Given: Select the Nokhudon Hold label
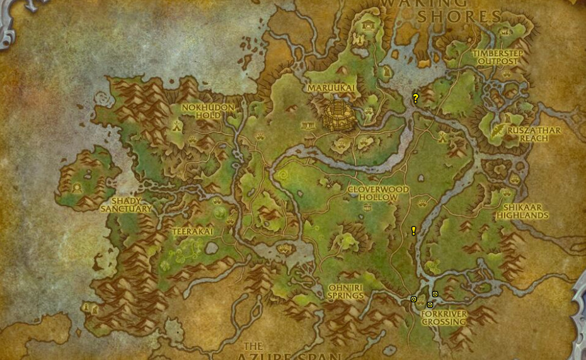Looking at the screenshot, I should pyautogui.click(x=208, y=111).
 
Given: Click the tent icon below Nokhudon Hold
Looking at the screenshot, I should pyautogui.click(x=177, y=125).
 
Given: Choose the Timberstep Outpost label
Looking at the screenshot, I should pyautogui.click(x=498, y=57).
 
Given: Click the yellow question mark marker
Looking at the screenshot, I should pyautogui.click(x=415, y=98).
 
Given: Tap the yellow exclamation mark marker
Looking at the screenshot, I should pyautogui.click(x=413, y=231).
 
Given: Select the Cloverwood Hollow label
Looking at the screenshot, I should pyautogui.click(x=378, y=193).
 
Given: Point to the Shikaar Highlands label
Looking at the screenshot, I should pyautogui.click(x=522, y=211).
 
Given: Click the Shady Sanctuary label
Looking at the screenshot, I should pyautogui.click(x=126, y=204).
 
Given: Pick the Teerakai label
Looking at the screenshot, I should pyautogui.click(x=192, y=232).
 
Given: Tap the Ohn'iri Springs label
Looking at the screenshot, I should pyautogui.click(x=346, y=291).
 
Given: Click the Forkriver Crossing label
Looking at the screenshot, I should pyautogui.click(x=444, y=317).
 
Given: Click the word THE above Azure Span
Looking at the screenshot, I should pyautogui.click(x=253, y=346).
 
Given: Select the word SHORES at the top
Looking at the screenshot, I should pyautogui.click(x=459, y=17).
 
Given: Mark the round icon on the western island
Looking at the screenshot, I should pyautogui.click(x=78, y=187).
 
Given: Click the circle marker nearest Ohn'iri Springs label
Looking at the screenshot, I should pyautogui.click(x=413, y=299).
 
